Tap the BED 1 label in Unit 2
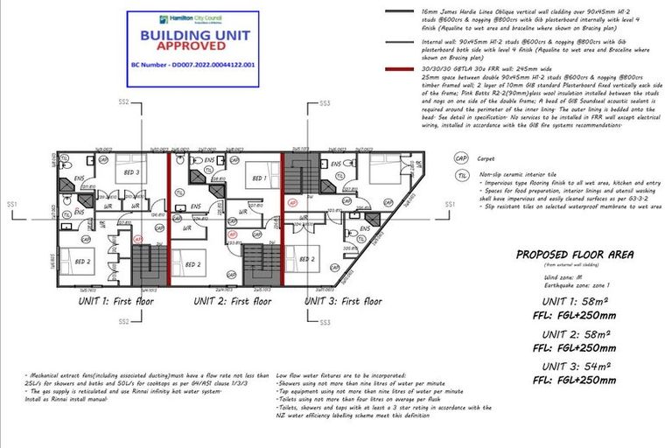pyautogui.click(x=259, y=178)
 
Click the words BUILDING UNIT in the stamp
pyautogui.click(x=183, y=37)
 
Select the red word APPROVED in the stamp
pyautogui.click(x=183, y=51)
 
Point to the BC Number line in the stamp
pyautogui.click(x=183, y=65)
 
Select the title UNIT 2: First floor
pyautogui.click(x=223, y=301)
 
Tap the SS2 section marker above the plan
pyautogui.click(x=123, y=102)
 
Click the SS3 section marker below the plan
pyautogui.click(x=325, y=322)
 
